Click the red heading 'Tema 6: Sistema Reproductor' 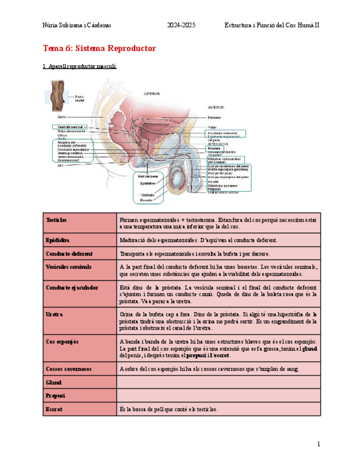[x=99, y=49]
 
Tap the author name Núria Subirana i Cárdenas [x=77, y=25]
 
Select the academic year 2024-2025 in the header [x=181, y=25]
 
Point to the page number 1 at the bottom [x=319, y=444]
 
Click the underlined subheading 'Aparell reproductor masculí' [x=80, y=67]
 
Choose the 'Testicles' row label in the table [x=56, y=220]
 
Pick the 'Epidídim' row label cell [x=58, y=240]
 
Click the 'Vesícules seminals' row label [x=69, y=267]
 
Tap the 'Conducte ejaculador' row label [x=72, y=288]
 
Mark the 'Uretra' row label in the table [x=54, y=314]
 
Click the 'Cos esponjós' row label [x=62, y=341]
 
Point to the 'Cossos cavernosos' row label [x=69, y=369]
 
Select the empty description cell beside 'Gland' [x=218, y=382]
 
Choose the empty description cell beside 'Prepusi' [x=218, y=396]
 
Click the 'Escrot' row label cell [x=54, y=409]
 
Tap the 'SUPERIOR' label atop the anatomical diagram [x=152, y=94]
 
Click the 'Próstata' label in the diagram [x=214, y=149]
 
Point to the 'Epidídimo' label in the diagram [x=147, y=183]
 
